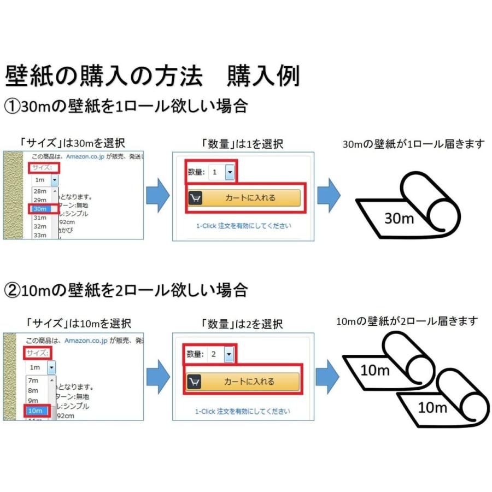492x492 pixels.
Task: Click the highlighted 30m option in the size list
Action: coord(41,208)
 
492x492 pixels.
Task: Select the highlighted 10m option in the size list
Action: coord(36,411)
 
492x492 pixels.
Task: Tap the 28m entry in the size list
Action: coord(40,191)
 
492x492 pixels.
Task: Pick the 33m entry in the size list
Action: coord(40,235)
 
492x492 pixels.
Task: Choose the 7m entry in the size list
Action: coord(33,380)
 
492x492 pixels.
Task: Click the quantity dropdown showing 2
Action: coord(221,354)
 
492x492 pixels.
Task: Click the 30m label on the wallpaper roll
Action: coord(399,218)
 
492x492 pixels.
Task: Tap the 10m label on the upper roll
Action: coord(375,370)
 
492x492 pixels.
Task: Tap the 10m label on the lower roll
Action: coord(432,407)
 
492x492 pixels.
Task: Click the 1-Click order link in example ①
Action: coord(243,225)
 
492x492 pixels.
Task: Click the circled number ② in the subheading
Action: coord(13,289)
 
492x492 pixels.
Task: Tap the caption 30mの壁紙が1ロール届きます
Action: coord(413,144)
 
